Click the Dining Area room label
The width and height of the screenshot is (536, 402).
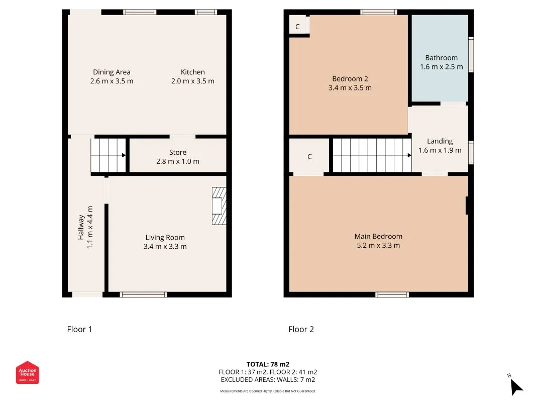point(112,72)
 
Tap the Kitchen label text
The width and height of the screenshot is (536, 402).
point(193,72)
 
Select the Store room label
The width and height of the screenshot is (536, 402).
point(178,152)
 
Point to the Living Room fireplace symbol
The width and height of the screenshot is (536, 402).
point(219,206)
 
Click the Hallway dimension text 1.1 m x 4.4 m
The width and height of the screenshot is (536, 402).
point(89,227)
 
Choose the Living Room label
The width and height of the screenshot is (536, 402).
point(165,238)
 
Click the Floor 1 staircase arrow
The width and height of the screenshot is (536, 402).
point(124,156)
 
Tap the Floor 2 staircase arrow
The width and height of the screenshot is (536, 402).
point(409,156)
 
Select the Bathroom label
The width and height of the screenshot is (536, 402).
point(442,58)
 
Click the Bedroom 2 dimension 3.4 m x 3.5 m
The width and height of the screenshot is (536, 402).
point(350,88)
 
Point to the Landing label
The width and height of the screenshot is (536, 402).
point(440,141)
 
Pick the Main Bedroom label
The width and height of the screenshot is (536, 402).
point(378,236)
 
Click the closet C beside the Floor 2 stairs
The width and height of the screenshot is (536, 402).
point(309,157)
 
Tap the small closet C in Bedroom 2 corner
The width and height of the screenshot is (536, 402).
point(297,27)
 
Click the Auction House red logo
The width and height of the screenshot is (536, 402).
point(27,372)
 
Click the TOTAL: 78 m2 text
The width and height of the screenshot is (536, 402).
point(268,364)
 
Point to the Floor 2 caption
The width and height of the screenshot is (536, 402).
point(301,329)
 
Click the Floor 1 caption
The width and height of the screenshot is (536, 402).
point(80,329)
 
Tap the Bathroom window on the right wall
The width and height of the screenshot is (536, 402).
point(471,55)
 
